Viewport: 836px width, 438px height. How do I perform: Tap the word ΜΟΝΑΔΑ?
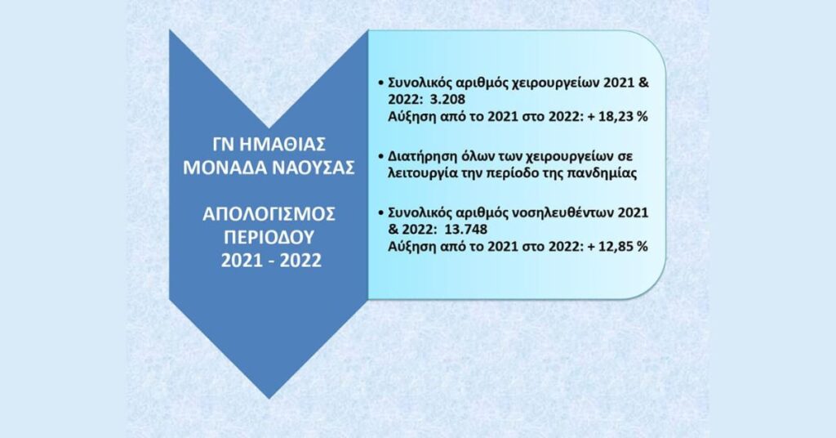[225, 168]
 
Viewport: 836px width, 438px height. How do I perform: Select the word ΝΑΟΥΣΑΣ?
[314, 168]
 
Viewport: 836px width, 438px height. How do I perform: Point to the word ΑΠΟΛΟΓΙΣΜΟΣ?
[269, 214]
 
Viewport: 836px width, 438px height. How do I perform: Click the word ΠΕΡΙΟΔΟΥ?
[269, 237]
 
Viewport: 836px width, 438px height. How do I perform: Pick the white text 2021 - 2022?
[271, 261]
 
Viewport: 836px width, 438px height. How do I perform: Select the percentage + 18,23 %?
[617, 116]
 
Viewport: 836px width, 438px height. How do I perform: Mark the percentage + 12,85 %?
[617, 247]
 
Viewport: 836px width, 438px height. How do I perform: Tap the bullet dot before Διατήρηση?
[380, 157]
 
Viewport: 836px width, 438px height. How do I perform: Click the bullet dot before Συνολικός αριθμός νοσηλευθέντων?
[380, 212]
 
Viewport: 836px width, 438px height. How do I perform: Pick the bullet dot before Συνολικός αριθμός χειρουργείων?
[380, 83]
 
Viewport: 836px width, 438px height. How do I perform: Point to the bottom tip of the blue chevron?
[269, 398]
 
